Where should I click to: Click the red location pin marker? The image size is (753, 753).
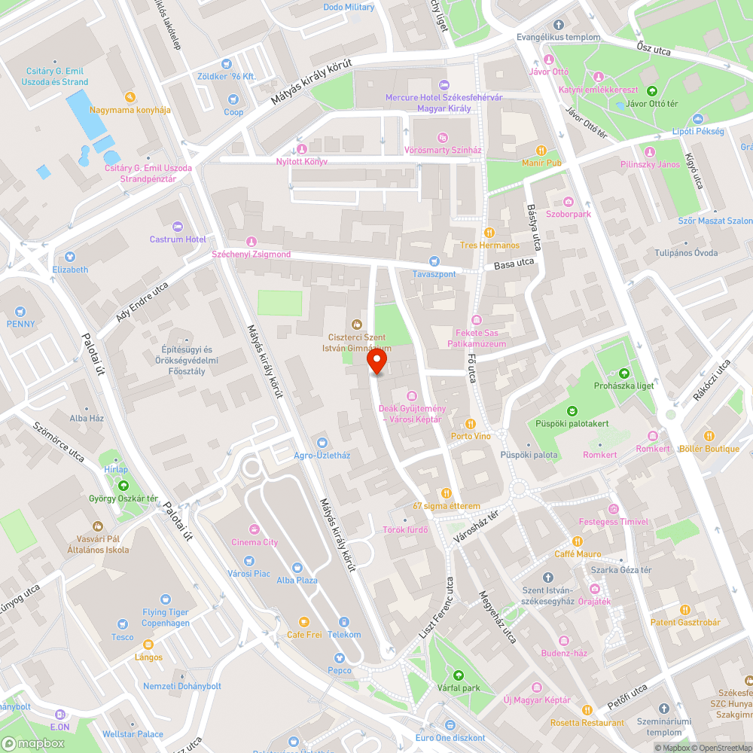point(376,363)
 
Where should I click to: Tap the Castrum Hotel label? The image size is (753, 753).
point(178,239)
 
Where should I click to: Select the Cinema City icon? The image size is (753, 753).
point(255,529)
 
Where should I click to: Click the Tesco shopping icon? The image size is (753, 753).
point(123,623)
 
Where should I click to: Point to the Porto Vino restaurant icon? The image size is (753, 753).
point(471,424)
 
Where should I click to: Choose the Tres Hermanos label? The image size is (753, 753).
point(490,245)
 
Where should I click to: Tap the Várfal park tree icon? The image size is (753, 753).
point(459,675)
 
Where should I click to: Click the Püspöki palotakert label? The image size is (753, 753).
point(572,423)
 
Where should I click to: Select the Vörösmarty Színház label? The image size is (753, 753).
point(443,151)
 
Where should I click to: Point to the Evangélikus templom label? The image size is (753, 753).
point(558,37)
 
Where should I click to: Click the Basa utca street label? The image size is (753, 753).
point(514,263)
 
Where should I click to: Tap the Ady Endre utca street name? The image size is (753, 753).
point(142,303)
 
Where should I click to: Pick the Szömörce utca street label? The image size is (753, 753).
point(58,441)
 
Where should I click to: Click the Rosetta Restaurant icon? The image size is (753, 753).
point(587,709)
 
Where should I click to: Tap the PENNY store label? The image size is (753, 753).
point(21,324)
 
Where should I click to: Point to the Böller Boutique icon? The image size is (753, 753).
point(709,435)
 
